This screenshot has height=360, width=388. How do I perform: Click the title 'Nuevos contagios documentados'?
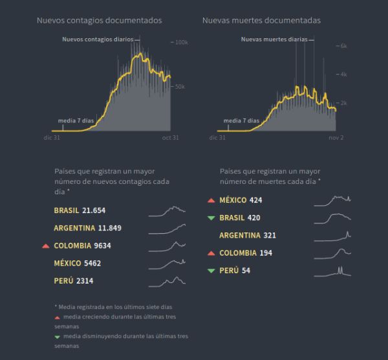point(99,21)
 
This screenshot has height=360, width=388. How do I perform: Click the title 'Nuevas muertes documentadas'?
point(261,21)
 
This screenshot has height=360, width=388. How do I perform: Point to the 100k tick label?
point(181,43)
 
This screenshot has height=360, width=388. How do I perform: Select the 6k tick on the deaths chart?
point(343,47)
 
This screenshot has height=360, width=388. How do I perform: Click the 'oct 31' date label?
point(170,138)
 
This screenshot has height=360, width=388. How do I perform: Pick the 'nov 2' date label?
point(336,138)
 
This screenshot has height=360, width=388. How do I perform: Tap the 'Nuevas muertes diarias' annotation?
point(274,39)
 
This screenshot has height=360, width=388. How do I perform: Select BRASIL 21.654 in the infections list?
point(80,210)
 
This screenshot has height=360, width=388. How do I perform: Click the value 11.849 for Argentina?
point(109,228)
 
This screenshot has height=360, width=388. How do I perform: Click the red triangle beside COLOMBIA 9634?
point(45,246)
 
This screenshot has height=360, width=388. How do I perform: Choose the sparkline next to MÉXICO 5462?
point(167,263)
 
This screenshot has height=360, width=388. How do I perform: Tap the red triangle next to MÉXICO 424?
point(211,200)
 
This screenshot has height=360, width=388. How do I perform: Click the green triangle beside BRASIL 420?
point(211,218)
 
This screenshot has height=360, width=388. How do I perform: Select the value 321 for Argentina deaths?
point(270,236)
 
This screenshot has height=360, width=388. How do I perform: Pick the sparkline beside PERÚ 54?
point(332,271)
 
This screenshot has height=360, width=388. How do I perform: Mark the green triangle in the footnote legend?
point(57,337)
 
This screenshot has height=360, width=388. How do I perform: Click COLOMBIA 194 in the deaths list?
point(246,253)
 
